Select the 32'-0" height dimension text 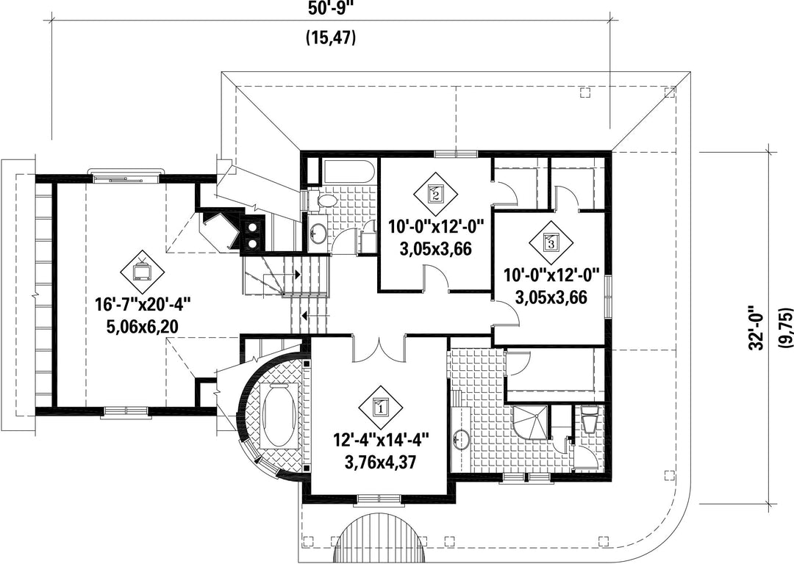coord(758,328)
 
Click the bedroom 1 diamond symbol coord(380,407)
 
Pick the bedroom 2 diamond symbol coord(435,193)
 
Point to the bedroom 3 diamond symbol coord(551,243)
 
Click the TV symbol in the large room coord(142,272)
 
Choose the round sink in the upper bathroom coord(318,233)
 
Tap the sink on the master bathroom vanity coord(460,439)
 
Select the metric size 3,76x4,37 coord(381,461)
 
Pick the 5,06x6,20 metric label coord(142,326)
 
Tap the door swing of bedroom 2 coord(435,278)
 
